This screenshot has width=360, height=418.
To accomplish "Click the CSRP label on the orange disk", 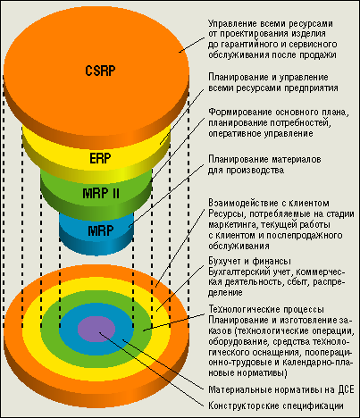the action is tap(100, 71).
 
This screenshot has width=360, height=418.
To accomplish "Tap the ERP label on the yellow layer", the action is tap(100, 158).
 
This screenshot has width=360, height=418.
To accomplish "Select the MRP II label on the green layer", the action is tap(101, 194).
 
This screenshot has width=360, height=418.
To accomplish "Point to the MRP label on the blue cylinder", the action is tap(101, 230).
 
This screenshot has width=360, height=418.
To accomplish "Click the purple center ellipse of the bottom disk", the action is tap(96, 329).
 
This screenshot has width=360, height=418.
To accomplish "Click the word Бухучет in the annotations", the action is tap(224, 262).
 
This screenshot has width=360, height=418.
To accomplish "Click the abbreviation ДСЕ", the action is tap(347, 389).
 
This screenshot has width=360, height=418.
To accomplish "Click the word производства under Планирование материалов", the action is tap(255, 170).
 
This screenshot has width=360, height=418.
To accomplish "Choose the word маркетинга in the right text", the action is tap(230, 225).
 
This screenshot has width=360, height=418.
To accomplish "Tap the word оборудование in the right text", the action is tap(232, 341).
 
